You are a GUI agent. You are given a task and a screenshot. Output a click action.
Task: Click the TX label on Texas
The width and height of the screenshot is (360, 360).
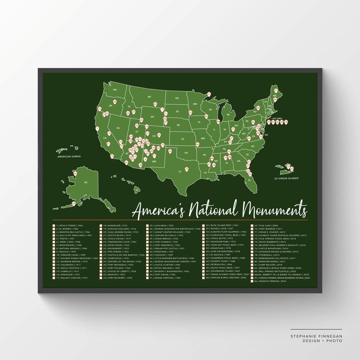(180, 171)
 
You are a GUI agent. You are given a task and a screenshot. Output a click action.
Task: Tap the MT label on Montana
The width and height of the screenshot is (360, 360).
(149, 97)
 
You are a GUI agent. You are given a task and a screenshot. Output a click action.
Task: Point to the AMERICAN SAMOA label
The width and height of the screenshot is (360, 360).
(70, 157)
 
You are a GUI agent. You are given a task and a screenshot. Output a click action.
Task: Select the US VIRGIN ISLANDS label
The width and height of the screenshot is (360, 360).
(287, 178)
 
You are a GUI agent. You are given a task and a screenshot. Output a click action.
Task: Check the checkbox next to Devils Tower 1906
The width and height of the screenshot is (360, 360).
(54, 225)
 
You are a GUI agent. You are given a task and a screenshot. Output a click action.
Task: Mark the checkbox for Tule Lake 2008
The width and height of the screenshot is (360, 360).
(255, 225)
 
